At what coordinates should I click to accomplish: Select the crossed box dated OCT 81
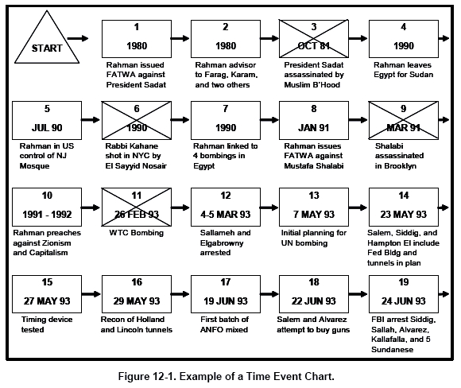[x=314, y=39]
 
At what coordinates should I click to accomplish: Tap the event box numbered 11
[x=137, y=207]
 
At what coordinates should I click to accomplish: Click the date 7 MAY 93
[x=314, y=215]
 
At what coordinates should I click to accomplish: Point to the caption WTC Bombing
[x=136, y=233]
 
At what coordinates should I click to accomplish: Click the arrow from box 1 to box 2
[x=180, y=38]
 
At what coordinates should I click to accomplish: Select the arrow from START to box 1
[x=78, y=38]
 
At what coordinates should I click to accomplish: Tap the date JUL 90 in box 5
[x=47, y=128]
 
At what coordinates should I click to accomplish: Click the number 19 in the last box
[x=404, y=282]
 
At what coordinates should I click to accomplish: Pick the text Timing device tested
[x=47, y=324]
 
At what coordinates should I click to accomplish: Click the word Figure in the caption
[x=134, y=376]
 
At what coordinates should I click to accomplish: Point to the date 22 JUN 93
[x=314, y=301]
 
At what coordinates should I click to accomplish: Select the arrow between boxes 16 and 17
[x=180, y=294]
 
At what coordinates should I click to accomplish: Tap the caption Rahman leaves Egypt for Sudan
[x=403, y=70]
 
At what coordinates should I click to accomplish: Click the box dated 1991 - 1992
[x=47, y=207]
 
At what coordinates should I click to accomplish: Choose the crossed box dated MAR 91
[x=404, y=120]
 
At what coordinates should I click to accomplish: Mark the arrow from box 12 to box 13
[x=269, y=208]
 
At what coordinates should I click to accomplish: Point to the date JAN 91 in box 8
[x=314, y=128]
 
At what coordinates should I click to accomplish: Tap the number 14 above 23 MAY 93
[x=404, y=196]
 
